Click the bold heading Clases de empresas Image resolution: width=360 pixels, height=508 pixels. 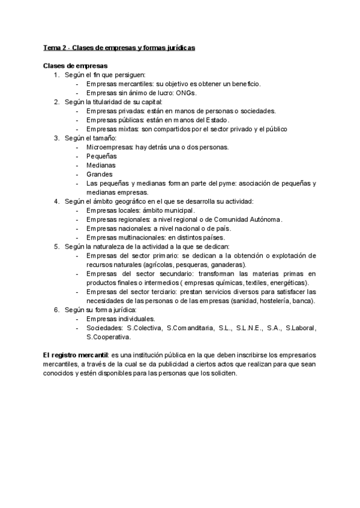[x=75, y=65]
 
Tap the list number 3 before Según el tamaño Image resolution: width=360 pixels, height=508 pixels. [x=56, y=138]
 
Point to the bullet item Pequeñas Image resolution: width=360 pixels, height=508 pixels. [x=101, y=156]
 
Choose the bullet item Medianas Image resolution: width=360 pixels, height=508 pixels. [x=101, y=165]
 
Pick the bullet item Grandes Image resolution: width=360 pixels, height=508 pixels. [x=99, y=174]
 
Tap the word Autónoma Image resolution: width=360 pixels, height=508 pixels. [x=264, y=219]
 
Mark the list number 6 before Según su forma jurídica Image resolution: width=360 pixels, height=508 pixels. [x=56, y=310]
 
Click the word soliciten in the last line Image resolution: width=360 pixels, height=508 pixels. [x=223, y=373]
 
